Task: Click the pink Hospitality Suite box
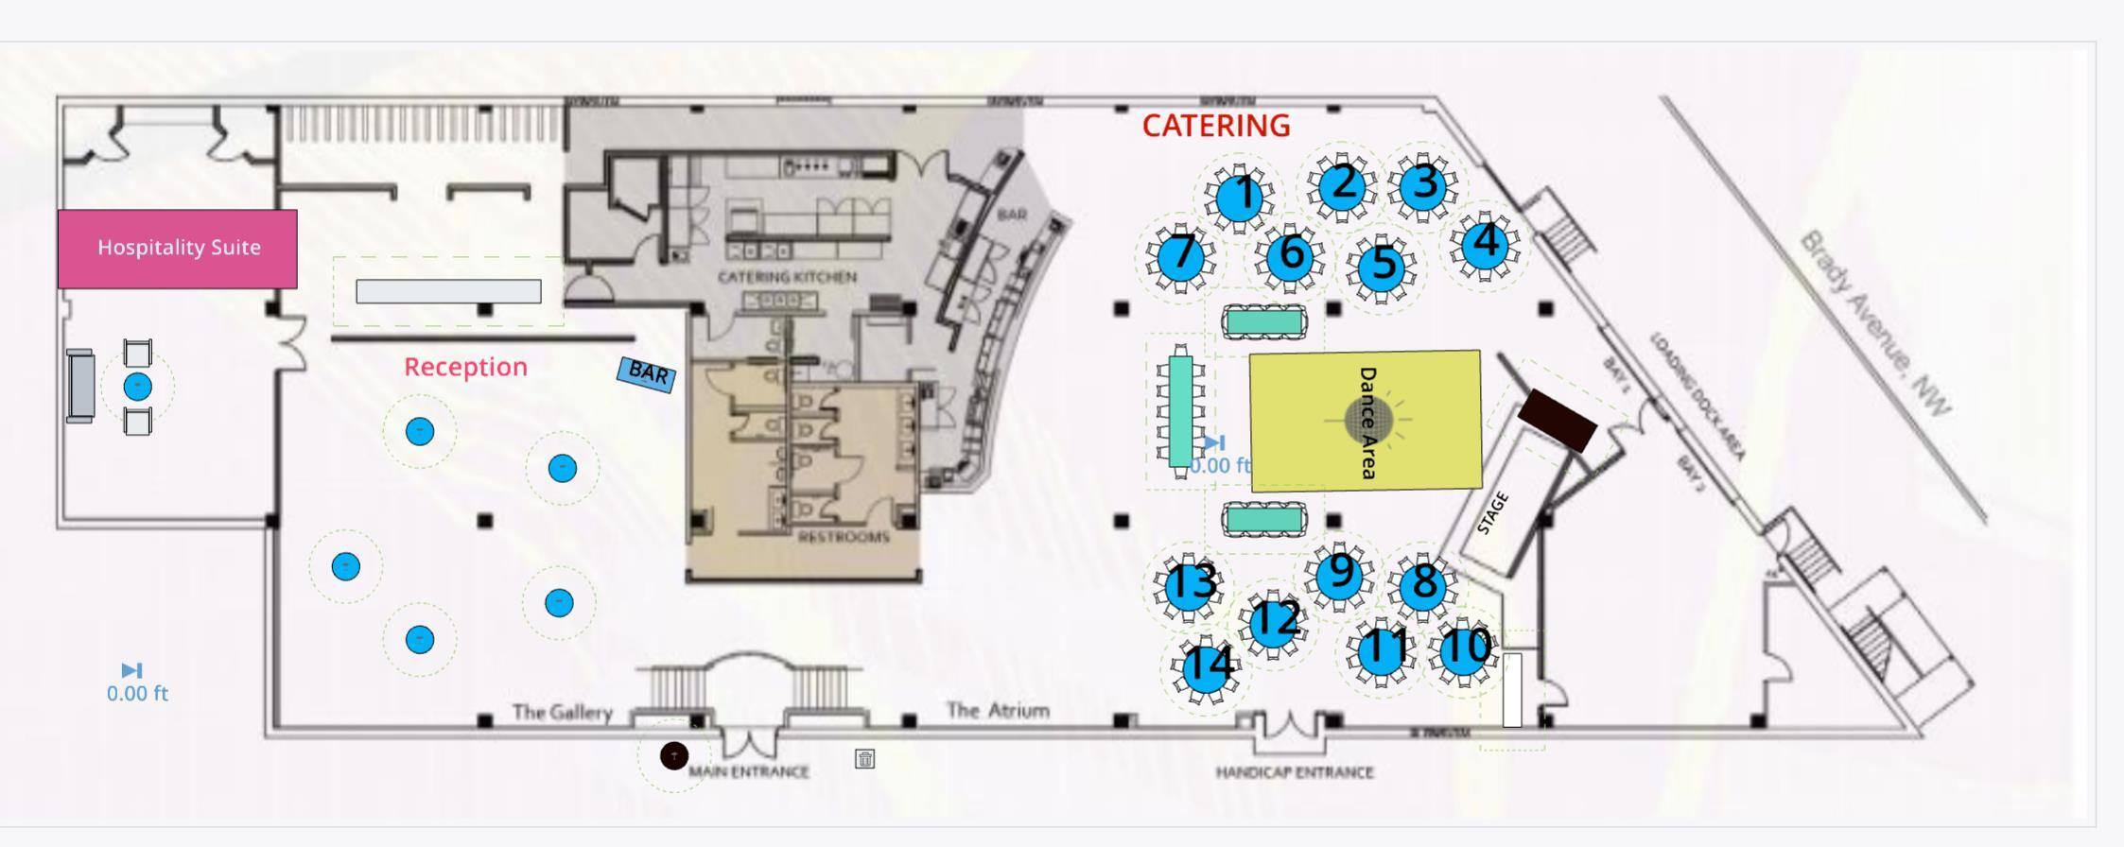(178, 249)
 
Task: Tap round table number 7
(1180, 255)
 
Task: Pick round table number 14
(1206, 665)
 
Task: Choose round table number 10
(1462, 650)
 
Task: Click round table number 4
(1483, 243)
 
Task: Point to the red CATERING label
(1216, 126)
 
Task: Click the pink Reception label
(465, 367)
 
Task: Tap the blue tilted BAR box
(647, 374)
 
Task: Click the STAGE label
(1491, 513)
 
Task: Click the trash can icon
(864, 758)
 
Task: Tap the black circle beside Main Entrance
(673, 755)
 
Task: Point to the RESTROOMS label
(844, 537)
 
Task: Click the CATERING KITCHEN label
(787, 277)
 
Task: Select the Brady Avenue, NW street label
(1874, 324)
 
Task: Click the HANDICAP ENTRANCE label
(1294, 772)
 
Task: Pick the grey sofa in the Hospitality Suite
(80, 385)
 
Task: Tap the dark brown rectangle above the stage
(1557, 420)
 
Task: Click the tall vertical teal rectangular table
(1180, 411)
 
